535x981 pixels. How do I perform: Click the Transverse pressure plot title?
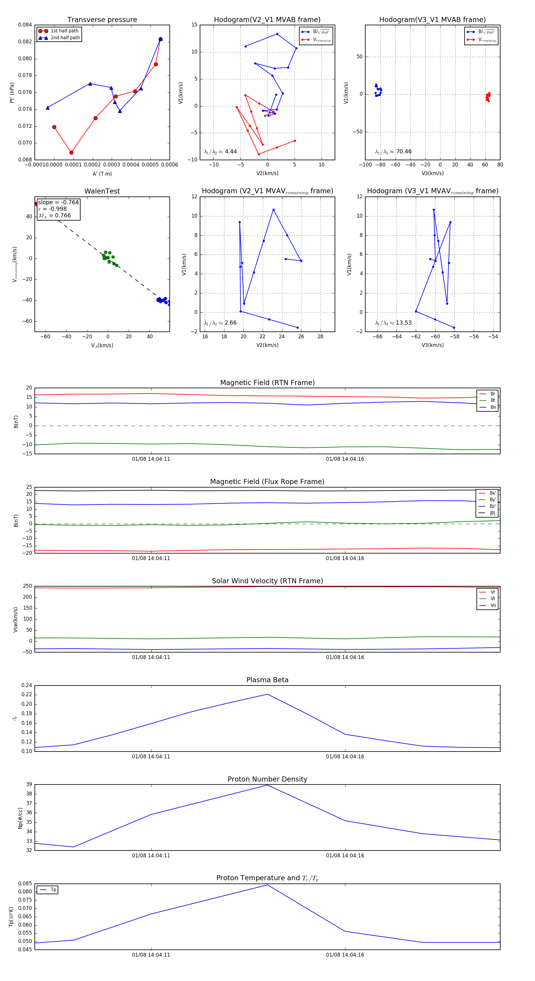(102, 20)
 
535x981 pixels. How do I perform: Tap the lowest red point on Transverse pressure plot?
(72, 153)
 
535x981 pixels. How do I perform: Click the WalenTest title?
(102, 191)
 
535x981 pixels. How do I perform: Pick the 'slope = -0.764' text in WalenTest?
(58, 202)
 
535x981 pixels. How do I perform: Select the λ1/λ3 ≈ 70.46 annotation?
(393, 152)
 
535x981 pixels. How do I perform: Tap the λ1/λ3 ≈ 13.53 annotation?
(393, 323)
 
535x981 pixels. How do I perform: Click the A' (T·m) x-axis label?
(102, 174)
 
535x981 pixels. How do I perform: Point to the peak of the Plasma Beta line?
(267, 694)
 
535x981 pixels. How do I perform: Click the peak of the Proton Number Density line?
(267, 785)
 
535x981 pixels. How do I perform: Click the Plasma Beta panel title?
(267, 680)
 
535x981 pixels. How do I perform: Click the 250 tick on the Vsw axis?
(27, 586)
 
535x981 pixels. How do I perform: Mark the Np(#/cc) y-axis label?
(20, 818)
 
